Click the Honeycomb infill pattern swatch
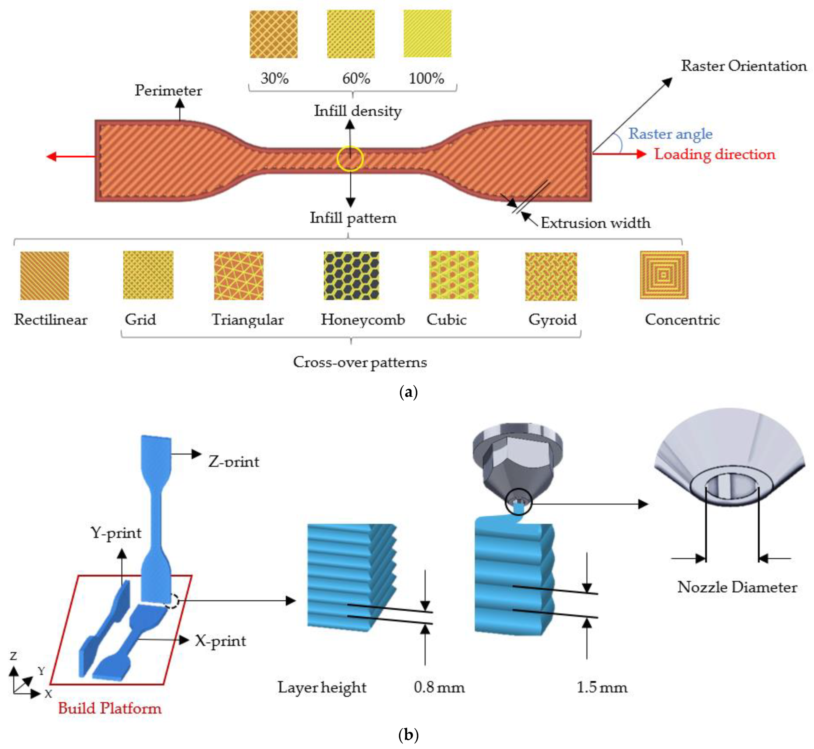351,276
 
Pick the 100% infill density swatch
427,34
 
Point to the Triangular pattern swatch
238,276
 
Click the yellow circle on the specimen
350,159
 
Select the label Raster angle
670,133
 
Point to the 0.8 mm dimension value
439,687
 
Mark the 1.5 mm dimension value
602,687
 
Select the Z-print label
234,461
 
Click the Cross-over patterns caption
360,362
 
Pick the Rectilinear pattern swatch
45,276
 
